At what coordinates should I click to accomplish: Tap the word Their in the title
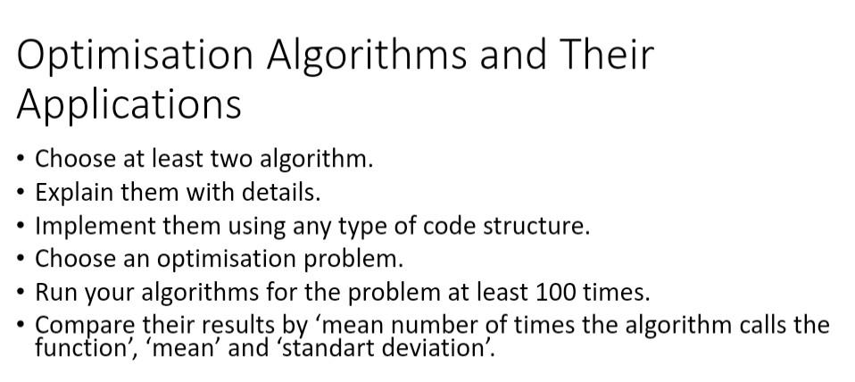point(606,55)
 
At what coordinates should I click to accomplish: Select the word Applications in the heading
point(129,104)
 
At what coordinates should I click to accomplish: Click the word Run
point(54,292)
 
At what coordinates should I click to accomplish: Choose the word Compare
point(85,326)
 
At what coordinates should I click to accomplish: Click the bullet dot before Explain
point(21,193)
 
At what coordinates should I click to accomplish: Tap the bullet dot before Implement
point(21,226)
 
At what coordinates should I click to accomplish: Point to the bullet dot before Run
point(21,292)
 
